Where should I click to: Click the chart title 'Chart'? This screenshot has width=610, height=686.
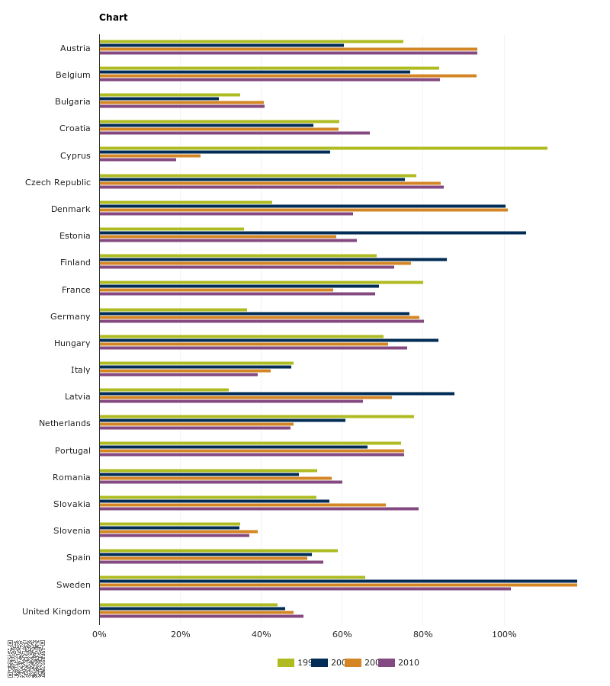pyautogui.click(x=113, y=18)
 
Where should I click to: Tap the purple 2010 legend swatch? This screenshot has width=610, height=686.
pyautogui.click(x=387, y=662)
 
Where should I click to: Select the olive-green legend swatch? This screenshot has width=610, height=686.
pyautogui.click(x=286, y=662)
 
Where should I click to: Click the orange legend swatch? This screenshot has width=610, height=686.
pyautogui.click(x=352, y=662)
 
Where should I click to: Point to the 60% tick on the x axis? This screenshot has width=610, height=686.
pyautogui.click(x=342, y=634)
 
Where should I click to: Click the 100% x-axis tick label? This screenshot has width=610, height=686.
pyautogui.click(x=504, y=634)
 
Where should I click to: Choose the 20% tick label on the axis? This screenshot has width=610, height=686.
pyautogui.click(x=180, y=634)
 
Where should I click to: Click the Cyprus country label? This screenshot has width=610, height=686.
pyautogui.click(x=75, y=155)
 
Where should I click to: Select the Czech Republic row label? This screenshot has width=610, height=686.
pyautogui.click(x=58, y=182)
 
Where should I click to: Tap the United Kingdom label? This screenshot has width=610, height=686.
pyautogui.click(x=56, y=611)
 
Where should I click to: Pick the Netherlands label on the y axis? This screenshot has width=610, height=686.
pyautogui.click(x=65, y=423)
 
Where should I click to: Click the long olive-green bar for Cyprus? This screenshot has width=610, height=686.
pyautogui.click(x=323, y=148)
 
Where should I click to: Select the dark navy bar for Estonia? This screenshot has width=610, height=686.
pyautogui.click(x=313, y=232)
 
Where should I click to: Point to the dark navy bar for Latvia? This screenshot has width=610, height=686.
pyautogui.click(x=277, y=393)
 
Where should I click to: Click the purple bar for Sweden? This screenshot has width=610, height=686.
pyautogui.click(x=305, y=588)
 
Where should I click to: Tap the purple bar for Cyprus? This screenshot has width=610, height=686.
pyautogui.click(x=137, y=159)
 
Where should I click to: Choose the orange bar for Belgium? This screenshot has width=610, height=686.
pyautogui.click(x=287, y=75)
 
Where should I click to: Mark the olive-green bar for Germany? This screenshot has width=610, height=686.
pyautogui.click(x=173, y=309)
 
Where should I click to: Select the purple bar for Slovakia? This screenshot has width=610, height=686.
pyautogui.click(x=258, y=508)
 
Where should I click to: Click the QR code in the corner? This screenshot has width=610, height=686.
pyautogui.click(x=27, y=659)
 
